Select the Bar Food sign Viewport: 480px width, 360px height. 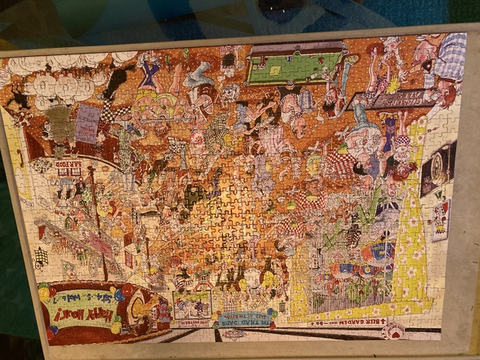70,166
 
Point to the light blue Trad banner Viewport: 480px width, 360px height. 241,319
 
